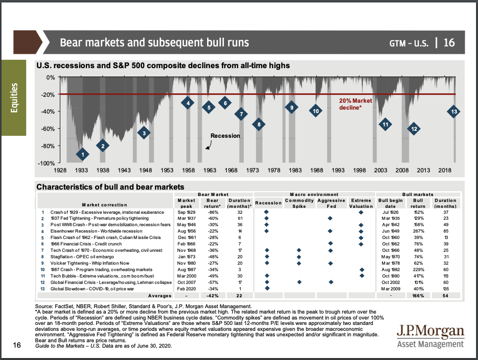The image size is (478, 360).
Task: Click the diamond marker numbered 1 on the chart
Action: tap(83, 155)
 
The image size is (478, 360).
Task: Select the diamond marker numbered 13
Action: tap(454, 112)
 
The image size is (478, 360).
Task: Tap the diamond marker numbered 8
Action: tap(259, 124)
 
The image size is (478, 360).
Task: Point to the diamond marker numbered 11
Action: tap(385, 124)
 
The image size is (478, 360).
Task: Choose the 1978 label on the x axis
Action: tap(274, 170)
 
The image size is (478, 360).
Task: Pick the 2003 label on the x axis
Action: tap(380, 170)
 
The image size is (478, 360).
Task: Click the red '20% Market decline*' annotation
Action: tap(355, 104)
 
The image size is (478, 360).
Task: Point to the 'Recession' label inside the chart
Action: tap(225, 136)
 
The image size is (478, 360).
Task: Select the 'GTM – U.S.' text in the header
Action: tap(409, 42)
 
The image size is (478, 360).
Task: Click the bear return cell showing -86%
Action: tap(212, 211)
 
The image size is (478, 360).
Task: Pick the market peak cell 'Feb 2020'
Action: tap(186, 288)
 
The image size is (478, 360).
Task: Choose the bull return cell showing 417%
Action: tap(418, 275)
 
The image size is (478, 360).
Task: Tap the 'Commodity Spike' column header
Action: tap(299, 203)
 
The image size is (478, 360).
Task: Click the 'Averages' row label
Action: tap(159, 295)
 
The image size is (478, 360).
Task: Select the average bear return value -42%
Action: tap(212, 295)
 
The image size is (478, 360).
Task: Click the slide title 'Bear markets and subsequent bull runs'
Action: tap(154, 42)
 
